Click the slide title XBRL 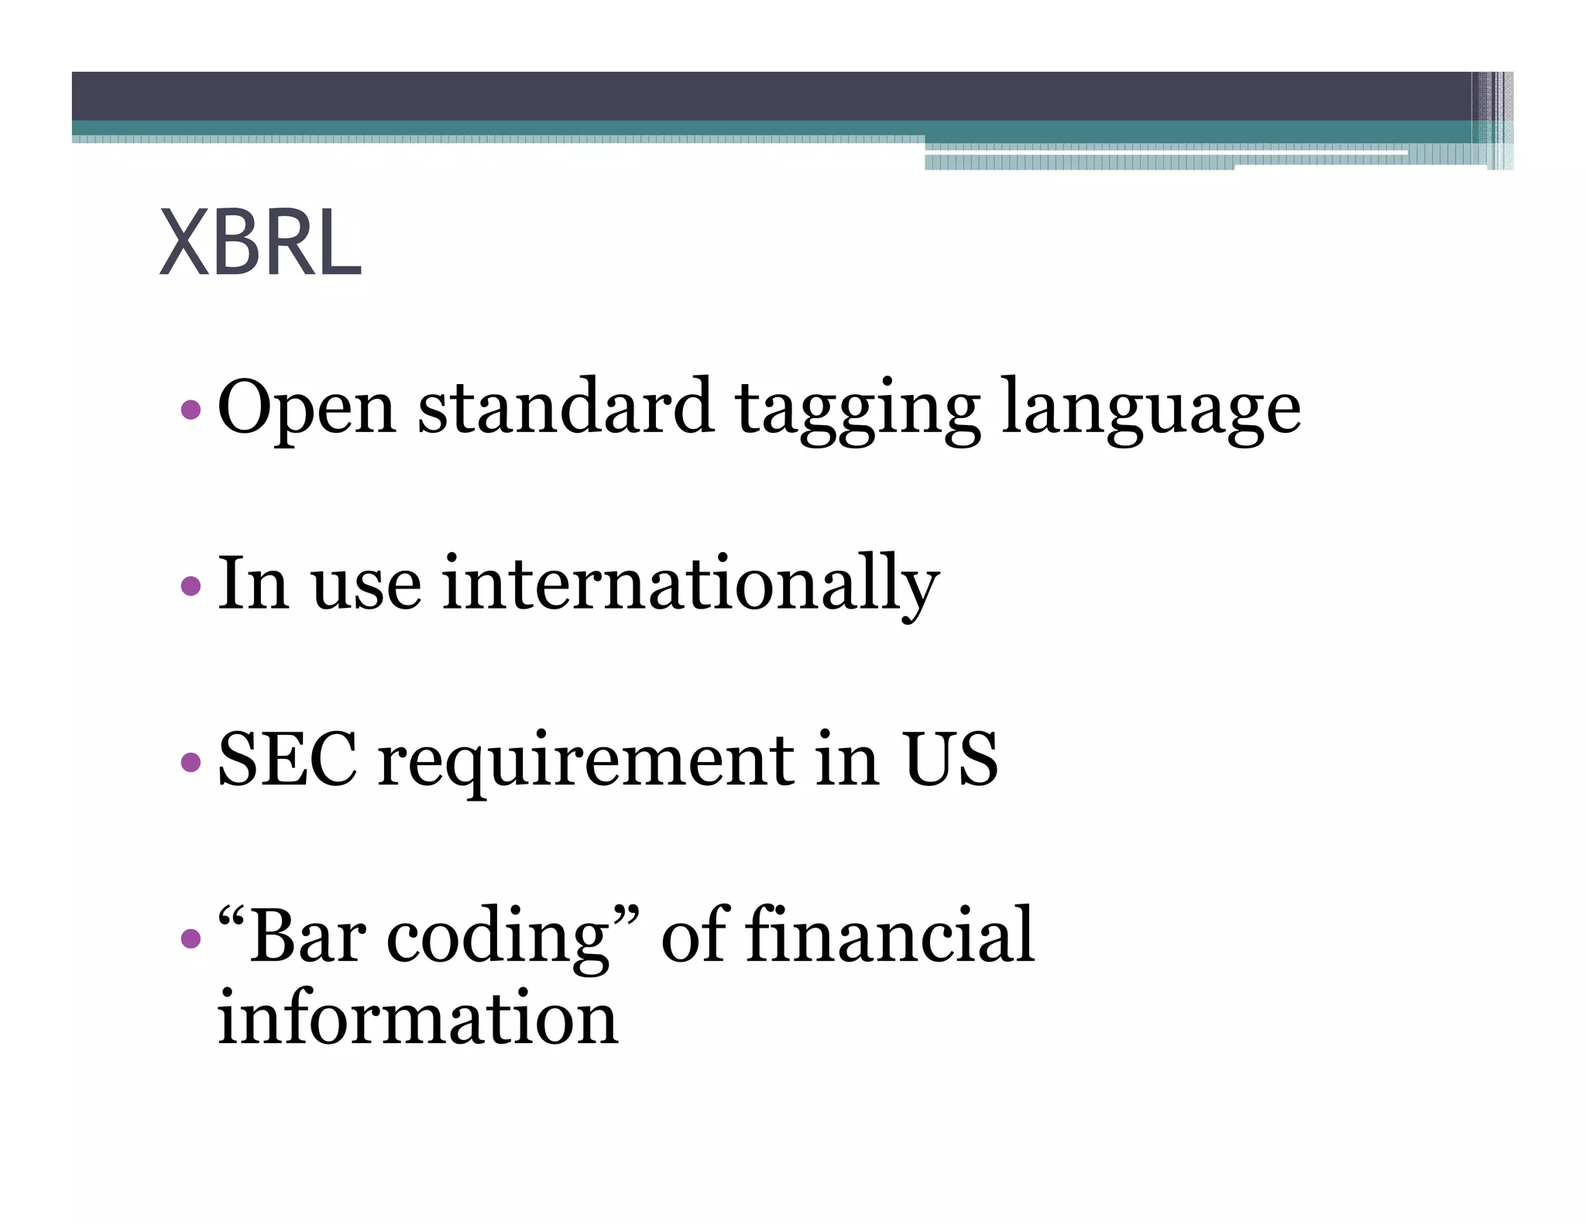click(260, 243)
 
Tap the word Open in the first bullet click(307, 407)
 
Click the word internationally click(690, 584)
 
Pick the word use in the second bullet click(366, 585)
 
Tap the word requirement click(586, 762)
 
